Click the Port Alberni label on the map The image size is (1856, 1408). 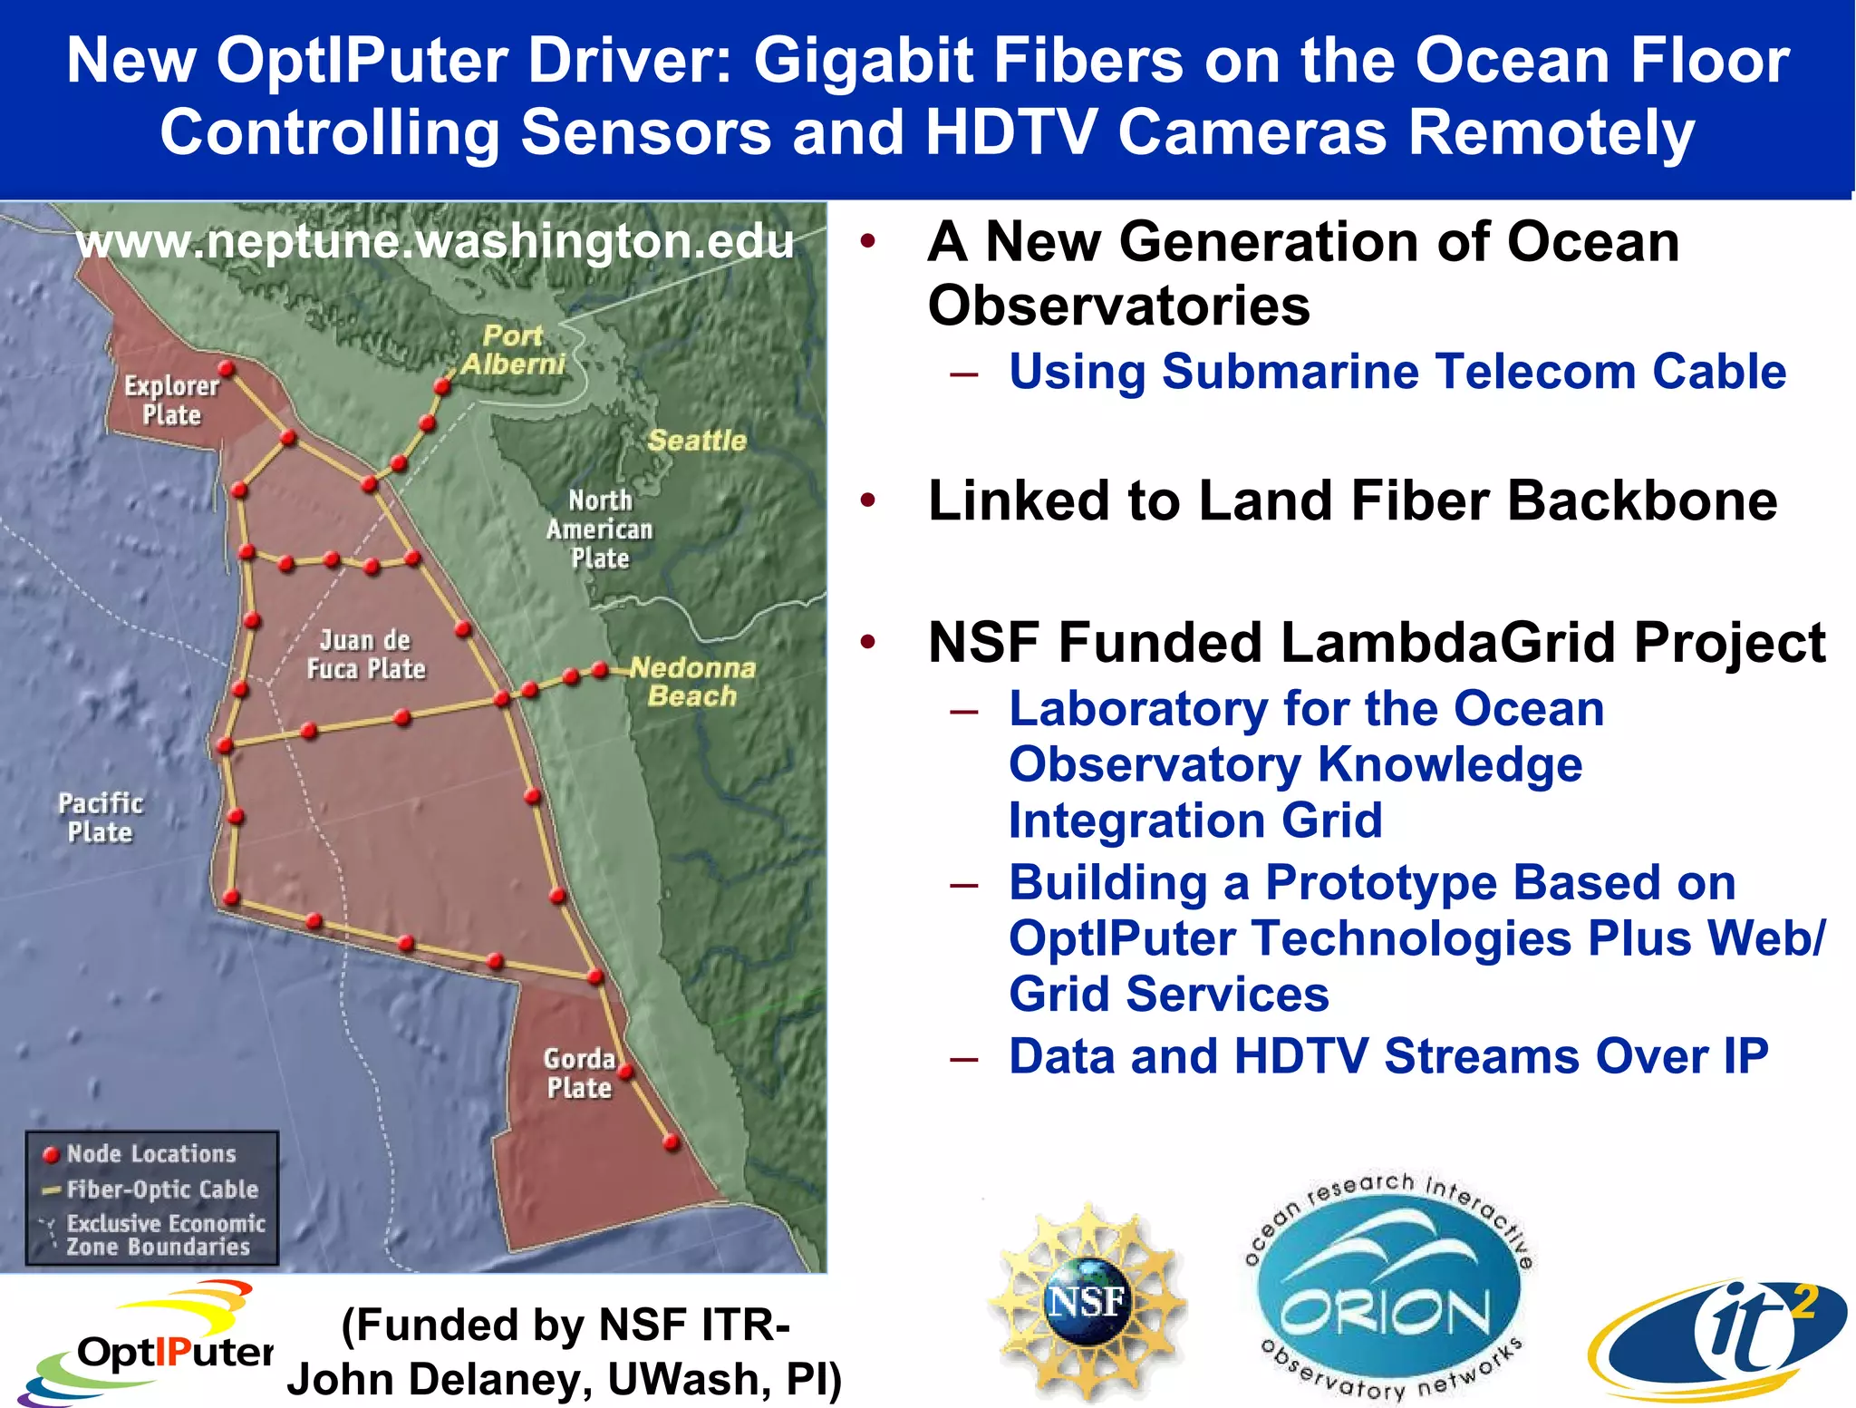pyautogui.click(x=513, y=350)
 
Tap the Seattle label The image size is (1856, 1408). pyautogui.click(x=697, y=441)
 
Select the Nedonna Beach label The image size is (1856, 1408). pyautogui.click(x=693, y=682)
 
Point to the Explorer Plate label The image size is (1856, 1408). pyautogui.click(x=171, y=400)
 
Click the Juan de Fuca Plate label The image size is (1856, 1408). pyautogui.click(x=365, y=655)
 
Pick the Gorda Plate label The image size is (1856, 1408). pyautogui.click(x=580, y=1073)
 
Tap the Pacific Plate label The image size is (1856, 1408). pyautogui.click(x=101, y=818)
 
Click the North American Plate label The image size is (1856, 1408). pyautogui.click(x=600, y=529)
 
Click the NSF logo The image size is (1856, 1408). pyautogui.click(x=1086, y=1303)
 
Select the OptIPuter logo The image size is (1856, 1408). pyautogui.click(x=145, y=1344)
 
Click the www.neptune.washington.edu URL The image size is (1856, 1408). pyautogui.click(x=434, y=241)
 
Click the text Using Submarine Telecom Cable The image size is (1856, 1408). pyautogui.click(x=1397, y=372)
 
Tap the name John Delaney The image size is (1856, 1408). pyautogui.click(x=439, y=1379)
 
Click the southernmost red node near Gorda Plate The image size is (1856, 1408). pyautogui.click(x=672, y=1141)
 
